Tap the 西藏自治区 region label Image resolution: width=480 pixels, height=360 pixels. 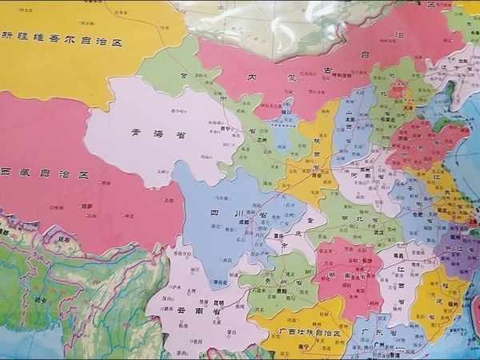[x=44, y=174]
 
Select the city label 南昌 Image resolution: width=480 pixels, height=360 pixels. [x=397, y=255]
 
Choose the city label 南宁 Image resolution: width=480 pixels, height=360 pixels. [x=301, y=348]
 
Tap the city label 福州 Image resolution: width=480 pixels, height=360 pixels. [x=457, y=303]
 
